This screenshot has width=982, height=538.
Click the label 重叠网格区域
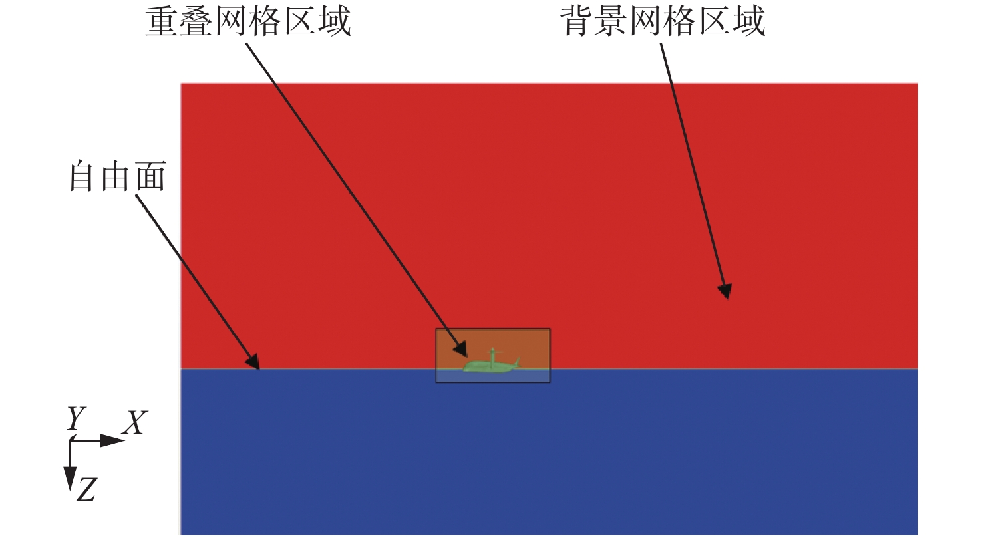(248, 21)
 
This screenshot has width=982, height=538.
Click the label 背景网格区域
(663, 21)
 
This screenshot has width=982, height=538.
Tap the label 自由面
(118, 176)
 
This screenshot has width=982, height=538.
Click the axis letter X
(135, 422)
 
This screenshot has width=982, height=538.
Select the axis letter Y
(76, 418)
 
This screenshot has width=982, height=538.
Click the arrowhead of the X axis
(112, 440)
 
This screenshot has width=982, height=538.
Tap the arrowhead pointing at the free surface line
(253, 362)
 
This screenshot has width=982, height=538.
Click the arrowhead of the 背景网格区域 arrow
(725, 291)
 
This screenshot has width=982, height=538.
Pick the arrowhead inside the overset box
(461, 350)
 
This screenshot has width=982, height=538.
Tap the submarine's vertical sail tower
(493, 355)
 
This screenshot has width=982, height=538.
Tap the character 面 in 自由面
(150, 176)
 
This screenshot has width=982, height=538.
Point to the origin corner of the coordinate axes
(71, 440)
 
